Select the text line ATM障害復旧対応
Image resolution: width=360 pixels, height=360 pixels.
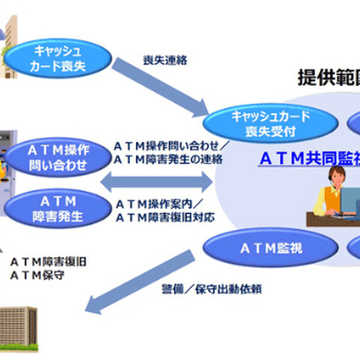coord(163,217)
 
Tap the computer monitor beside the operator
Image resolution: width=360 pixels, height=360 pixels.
coord(352,199)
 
